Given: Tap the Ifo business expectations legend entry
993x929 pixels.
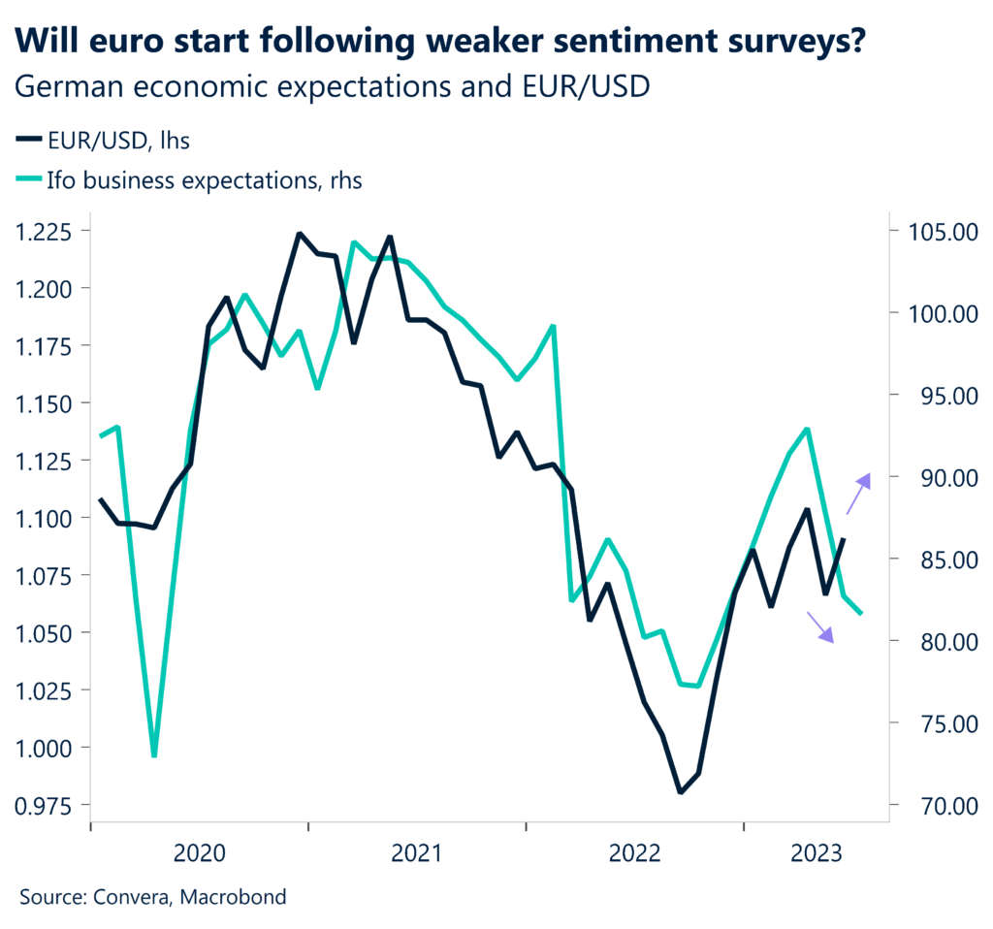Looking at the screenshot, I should click(189, 179).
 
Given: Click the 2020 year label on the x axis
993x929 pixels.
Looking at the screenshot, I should click(199, 853).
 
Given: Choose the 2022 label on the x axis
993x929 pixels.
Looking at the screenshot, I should click(635, 853).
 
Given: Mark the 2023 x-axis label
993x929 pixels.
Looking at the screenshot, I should click(816, 853).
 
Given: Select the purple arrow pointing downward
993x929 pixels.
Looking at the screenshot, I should click(820, 627).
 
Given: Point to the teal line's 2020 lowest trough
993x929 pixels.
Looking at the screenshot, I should click(154, 754).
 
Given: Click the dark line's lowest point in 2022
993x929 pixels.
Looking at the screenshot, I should click(681, 792).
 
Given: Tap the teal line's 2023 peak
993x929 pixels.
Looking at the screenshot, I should click(807, 429).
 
